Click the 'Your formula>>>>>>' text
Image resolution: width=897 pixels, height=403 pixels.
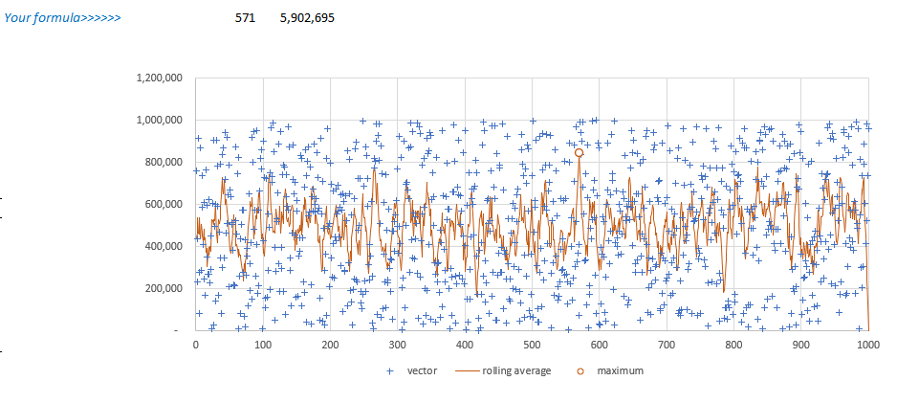pos(63,17)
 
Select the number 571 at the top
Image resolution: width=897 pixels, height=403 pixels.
pos(246,17)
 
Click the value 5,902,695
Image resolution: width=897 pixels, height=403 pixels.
pos(307,17)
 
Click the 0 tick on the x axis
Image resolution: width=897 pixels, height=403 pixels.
pos(195,346)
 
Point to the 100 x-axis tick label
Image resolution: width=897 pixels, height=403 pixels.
pos(262,346)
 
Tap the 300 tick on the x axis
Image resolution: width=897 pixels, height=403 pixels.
pos(397,346)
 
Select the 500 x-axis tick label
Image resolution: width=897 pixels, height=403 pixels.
pos(532,346)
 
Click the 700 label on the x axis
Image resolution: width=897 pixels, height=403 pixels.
pos(667,346)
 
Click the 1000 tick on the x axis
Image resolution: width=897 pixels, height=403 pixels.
pos(868,346)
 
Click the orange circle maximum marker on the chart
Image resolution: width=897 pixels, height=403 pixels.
pos(579,152)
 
